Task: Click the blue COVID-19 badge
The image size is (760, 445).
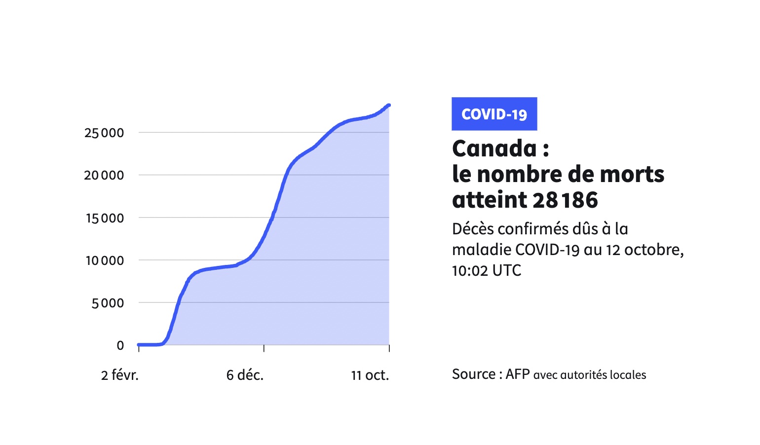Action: click(494, 114)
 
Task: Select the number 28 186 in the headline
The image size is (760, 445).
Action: click(565, 200)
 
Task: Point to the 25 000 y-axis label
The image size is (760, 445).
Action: click(104, 133)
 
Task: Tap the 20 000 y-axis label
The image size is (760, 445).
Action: click(104, 175)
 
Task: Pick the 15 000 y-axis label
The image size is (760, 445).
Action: click(105, 218)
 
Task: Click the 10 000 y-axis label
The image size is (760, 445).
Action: click(105, 260)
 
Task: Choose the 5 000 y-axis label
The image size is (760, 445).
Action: click(108, 303)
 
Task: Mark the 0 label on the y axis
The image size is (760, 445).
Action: click(120, 345)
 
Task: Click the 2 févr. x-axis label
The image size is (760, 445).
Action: click(120, 375)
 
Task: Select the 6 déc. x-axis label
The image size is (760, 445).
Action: click(245, 375)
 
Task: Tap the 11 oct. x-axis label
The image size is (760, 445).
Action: click(370, 375)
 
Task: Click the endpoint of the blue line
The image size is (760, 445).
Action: click(389, 105)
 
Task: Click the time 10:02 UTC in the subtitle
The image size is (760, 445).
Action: click(487, 270)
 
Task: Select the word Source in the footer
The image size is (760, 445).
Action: click(474, 374)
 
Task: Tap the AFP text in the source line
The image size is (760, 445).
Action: click(517, 374)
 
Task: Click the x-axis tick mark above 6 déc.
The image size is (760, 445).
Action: click(264, 348)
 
